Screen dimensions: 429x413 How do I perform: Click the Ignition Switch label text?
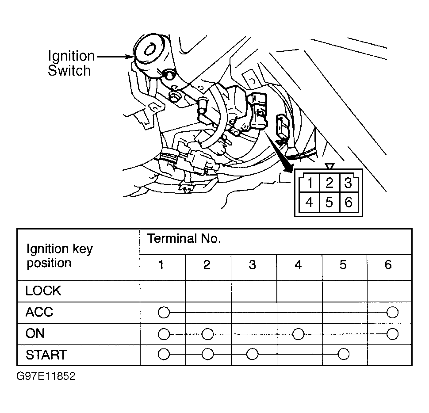[71, 63]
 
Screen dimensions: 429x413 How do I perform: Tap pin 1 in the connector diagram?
[310, 183]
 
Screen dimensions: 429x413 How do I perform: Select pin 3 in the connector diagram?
[348, 183]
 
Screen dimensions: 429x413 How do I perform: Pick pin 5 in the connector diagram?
[329, 203]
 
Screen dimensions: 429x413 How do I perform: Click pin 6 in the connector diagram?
[349, 203]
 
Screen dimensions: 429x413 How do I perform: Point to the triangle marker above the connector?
[330, 166]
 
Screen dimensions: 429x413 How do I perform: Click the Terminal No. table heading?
[184, 238]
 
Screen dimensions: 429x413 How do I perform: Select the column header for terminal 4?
[298, 265]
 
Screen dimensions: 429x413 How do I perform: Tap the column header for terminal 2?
[207, 265]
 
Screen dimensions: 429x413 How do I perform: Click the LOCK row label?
[43, 291]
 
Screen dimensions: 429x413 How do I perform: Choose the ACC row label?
[39, 312]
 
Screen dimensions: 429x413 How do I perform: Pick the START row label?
[46, 355]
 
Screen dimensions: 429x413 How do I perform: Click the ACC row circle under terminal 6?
[393, 312]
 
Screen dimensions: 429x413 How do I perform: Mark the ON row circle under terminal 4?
[298, 334]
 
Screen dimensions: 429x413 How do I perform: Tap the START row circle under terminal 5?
[344, 354]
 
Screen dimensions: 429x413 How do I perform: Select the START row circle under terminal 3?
[252, 354]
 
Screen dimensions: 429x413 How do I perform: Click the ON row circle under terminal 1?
[164, 334]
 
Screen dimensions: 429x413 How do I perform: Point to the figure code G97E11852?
[46, 376]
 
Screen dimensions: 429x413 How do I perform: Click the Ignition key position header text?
[60, 256]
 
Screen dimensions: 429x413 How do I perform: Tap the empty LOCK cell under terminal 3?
[253, 291]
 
